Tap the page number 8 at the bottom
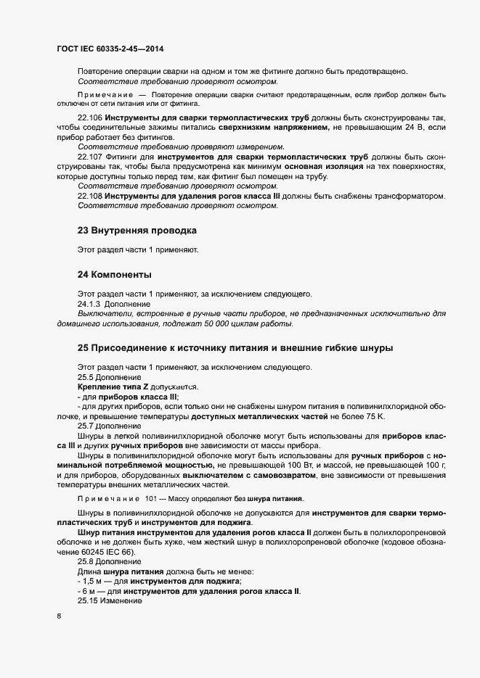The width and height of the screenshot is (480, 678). [x=59, y=616]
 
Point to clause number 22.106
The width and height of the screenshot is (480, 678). [x=90, y=117]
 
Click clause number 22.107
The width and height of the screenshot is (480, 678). [x=90, y=157]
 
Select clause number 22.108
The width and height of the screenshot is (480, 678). [x=90, y=196]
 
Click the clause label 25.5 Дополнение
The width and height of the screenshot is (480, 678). [x=110, y=377]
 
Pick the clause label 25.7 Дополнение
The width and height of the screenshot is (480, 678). [x=110, y=426]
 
